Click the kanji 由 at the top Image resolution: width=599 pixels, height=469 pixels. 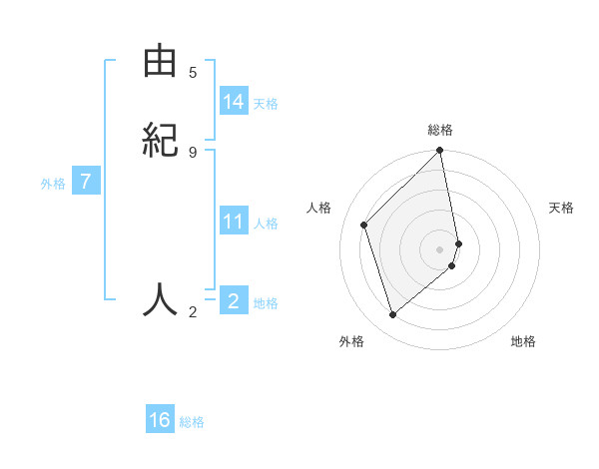160,63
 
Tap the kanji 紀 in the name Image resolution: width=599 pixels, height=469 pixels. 160,139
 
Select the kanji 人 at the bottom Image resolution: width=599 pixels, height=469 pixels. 160,298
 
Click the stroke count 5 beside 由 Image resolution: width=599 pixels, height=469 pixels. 193,73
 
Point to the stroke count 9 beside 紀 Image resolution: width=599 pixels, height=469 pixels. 193,152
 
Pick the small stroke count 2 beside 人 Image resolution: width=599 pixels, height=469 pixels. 193,312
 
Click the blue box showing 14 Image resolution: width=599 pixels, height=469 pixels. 234,102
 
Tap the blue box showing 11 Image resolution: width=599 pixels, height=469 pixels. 234,222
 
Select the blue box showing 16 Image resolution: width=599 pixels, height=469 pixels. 160,420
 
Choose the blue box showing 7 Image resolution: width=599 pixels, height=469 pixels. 86,183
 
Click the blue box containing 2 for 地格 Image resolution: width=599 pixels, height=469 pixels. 234,300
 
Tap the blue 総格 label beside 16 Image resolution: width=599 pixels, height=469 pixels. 192,422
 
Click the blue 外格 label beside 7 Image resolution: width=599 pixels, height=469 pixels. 53,185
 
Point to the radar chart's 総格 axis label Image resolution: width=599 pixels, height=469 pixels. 440,130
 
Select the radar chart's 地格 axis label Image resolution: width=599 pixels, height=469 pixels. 523,341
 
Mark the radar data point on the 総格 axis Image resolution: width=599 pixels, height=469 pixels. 440,152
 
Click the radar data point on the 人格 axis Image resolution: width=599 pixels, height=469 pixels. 364,225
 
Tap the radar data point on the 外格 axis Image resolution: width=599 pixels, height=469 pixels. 392,315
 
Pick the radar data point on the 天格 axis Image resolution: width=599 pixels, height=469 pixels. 459,242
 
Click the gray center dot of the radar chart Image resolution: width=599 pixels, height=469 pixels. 440,248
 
